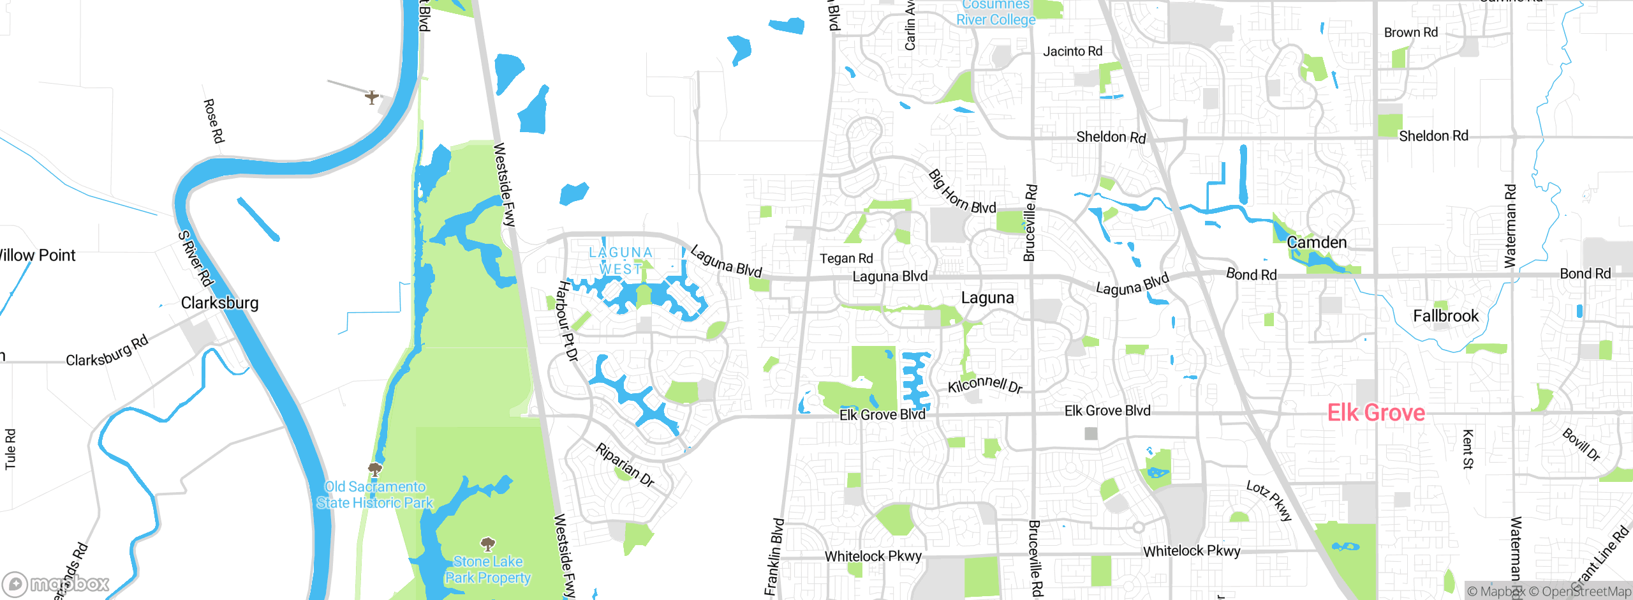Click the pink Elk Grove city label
pyautogui.click(x=1376, y=413)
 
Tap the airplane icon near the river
pyautogui.click(x=372, y=98)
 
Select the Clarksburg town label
pyautogui.click(x=219, y=303)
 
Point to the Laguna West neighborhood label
pyautogui.click(x=621, y=260)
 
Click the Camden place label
pyautogui.click(x=1317, y=243)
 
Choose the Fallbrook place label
pyautogui.click(x=1445, y=316)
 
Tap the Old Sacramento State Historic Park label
pyautogui.click(x=375, y=495)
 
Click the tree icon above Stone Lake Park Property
pyautogui.click(x=488, y=544)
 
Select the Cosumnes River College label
pyautogui.click(x=996, y=13)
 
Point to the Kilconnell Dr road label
pyautogui.click(x=985, y=385)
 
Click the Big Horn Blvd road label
pyautogui.click(x=961, y=193)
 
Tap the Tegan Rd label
pyautogui.click(x=846, y=259)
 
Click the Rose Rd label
pyautogui.click(x=214, y=121)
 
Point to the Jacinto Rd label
pyautogui.click(x=1072, y=51)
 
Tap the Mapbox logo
pyautogui.click(x=56, y=583)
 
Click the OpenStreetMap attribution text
pyautogui.click(x=1579, y=592)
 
